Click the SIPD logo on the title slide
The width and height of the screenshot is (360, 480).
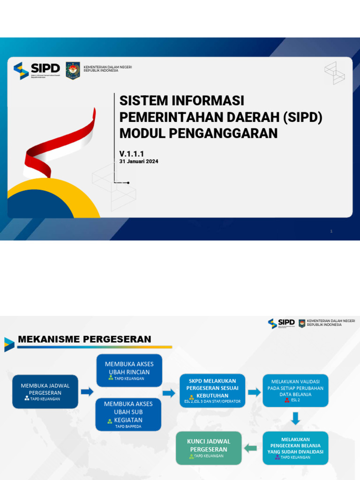[x=37, y=70]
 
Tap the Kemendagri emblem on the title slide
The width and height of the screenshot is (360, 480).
[x=73, y=70]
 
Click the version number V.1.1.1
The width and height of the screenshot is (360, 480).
[x=132, y=154]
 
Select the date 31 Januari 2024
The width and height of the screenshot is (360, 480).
[x=139, y=161]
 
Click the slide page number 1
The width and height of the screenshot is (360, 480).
[x=331, y=231]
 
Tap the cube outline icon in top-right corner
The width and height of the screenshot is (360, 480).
[x=335, y=73]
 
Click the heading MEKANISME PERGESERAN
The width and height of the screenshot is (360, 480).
[x=84, y=339]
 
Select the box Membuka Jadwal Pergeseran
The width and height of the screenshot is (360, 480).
[x=45, y=391]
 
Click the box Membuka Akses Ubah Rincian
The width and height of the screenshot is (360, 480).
[x=129, y=370]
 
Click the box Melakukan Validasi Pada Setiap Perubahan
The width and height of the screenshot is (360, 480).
[x=295, y=390]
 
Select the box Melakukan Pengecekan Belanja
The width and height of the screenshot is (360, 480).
[x=295, y=448]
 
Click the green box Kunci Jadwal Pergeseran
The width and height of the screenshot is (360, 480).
[x=209, y=448]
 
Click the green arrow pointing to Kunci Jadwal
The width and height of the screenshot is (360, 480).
[x=251, y=448]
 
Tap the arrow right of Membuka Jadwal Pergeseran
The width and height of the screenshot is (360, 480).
[x=87, y=392]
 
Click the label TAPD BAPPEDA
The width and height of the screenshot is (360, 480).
[x=128, y=426]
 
